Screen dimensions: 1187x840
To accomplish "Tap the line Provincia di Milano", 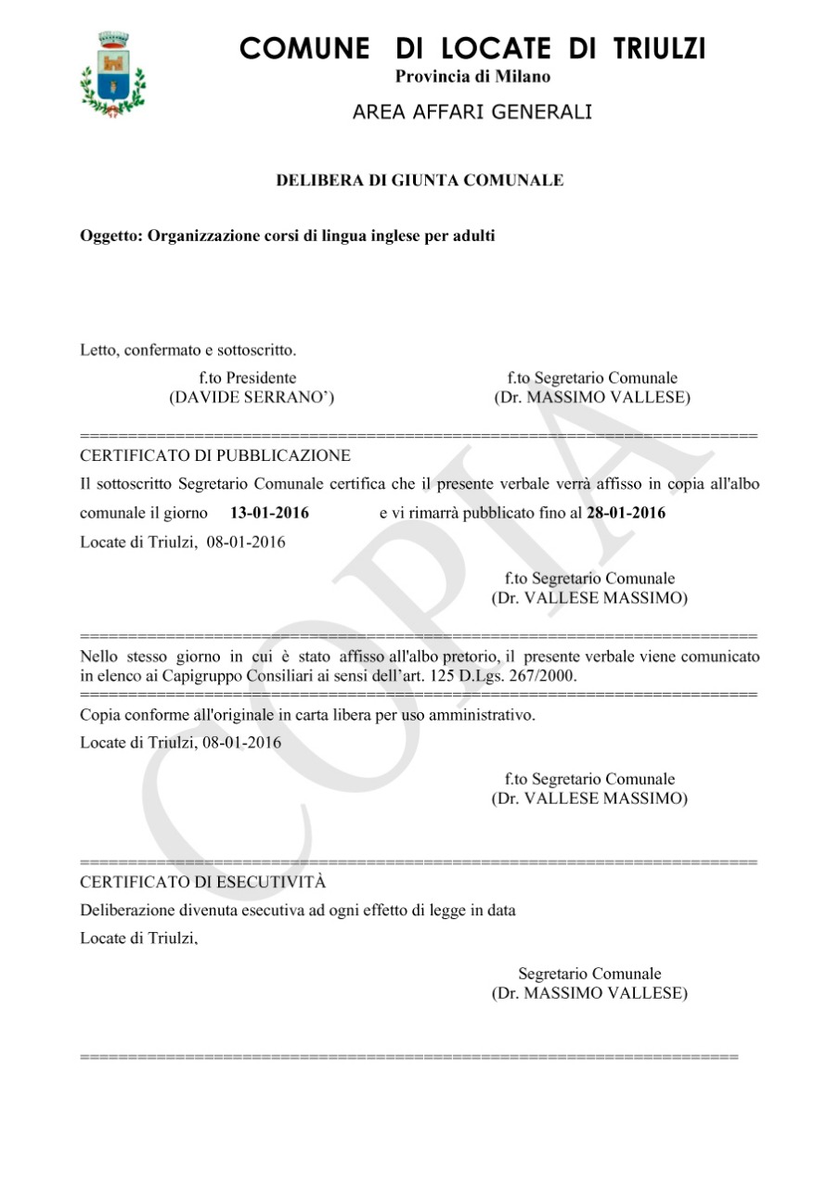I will click(x=472, y=77).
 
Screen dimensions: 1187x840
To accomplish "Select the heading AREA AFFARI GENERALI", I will click(x=472, y=112).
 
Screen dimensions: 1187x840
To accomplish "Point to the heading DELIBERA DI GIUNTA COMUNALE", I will click(x=420, y=181).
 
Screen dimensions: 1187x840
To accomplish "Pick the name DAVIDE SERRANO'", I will click(x=252, y=398).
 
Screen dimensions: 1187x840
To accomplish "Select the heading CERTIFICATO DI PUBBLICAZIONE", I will click(x=215, y=456).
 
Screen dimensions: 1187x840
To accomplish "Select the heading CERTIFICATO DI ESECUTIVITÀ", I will click(x=203, y=882).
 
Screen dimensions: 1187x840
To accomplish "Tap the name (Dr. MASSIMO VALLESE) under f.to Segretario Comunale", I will click(x=592, y=398).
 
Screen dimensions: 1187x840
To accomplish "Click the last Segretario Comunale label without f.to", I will click(x=589, y=974).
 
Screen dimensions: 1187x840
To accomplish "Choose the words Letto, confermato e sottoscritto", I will click(x=188, y=351).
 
